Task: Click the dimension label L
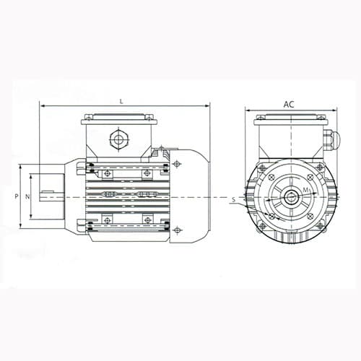(122, 102)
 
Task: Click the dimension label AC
(289, 105)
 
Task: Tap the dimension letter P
(17, 196)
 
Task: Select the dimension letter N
(27, 196)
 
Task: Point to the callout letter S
(233, 199)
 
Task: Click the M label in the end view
(306, 190)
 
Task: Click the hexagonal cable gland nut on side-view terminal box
(119, 139)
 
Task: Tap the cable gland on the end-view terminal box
(331, 139)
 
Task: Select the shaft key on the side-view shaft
(47, 192)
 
